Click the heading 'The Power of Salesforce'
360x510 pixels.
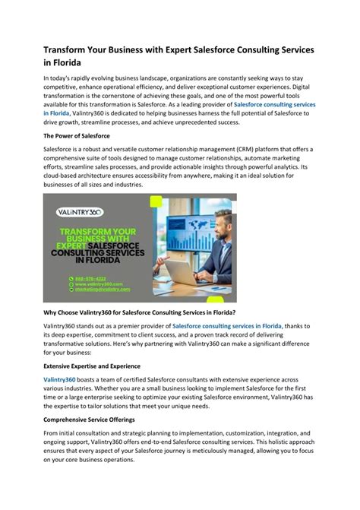click(x=77, y=135)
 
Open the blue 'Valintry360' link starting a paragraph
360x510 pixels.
click(x=59, y=379)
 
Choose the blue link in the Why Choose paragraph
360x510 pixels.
click(x=227, y=326)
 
